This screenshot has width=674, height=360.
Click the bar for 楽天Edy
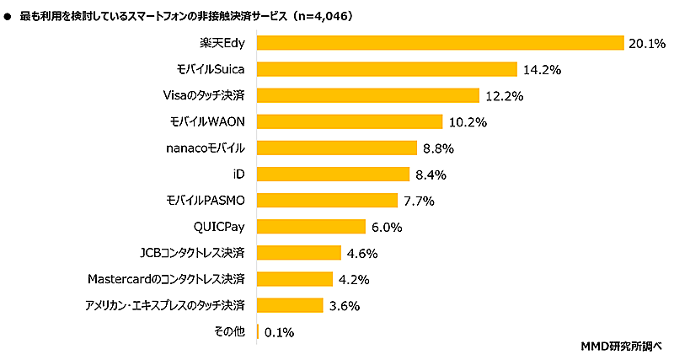(439, 43)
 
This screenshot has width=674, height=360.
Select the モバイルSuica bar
(386, 69)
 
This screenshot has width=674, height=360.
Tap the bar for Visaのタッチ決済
(367, 95)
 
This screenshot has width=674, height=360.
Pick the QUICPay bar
(310, 226)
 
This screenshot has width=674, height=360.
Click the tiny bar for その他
(258, 331)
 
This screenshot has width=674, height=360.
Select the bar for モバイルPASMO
(326, 200)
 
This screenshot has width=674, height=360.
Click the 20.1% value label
(645, 44)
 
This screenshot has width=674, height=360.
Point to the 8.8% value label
(439, 148)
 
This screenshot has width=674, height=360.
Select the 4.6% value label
(361, 253)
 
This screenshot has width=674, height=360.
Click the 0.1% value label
(279, 332)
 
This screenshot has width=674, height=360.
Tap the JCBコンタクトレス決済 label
(192, 252)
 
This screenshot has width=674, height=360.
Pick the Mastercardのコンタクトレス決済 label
(166, 278)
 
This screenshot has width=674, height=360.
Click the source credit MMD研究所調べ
(623, 347)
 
